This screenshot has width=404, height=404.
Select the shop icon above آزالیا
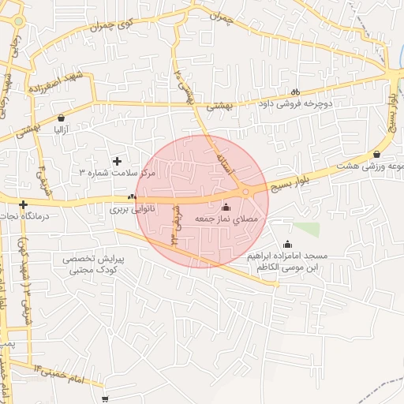pyautogui.click(x=61, y=118)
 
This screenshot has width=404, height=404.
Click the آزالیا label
pyautogui.click(x=61, y=129)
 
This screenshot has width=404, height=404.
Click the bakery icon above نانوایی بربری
pyautogui.click(x=132, y=198)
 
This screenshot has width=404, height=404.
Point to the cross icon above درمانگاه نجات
pyautogui.click(x=24, y=204)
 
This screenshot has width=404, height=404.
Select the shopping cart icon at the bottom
pyautogui.click(x=105, y=388)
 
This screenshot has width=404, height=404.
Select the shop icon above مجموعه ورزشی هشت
pyautogui.click(x=376, y=154)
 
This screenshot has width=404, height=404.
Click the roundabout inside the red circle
pyautogui.click(x=246, y=192)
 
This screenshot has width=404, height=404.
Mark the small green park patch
pyautogui.click(x=307, y=230)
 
